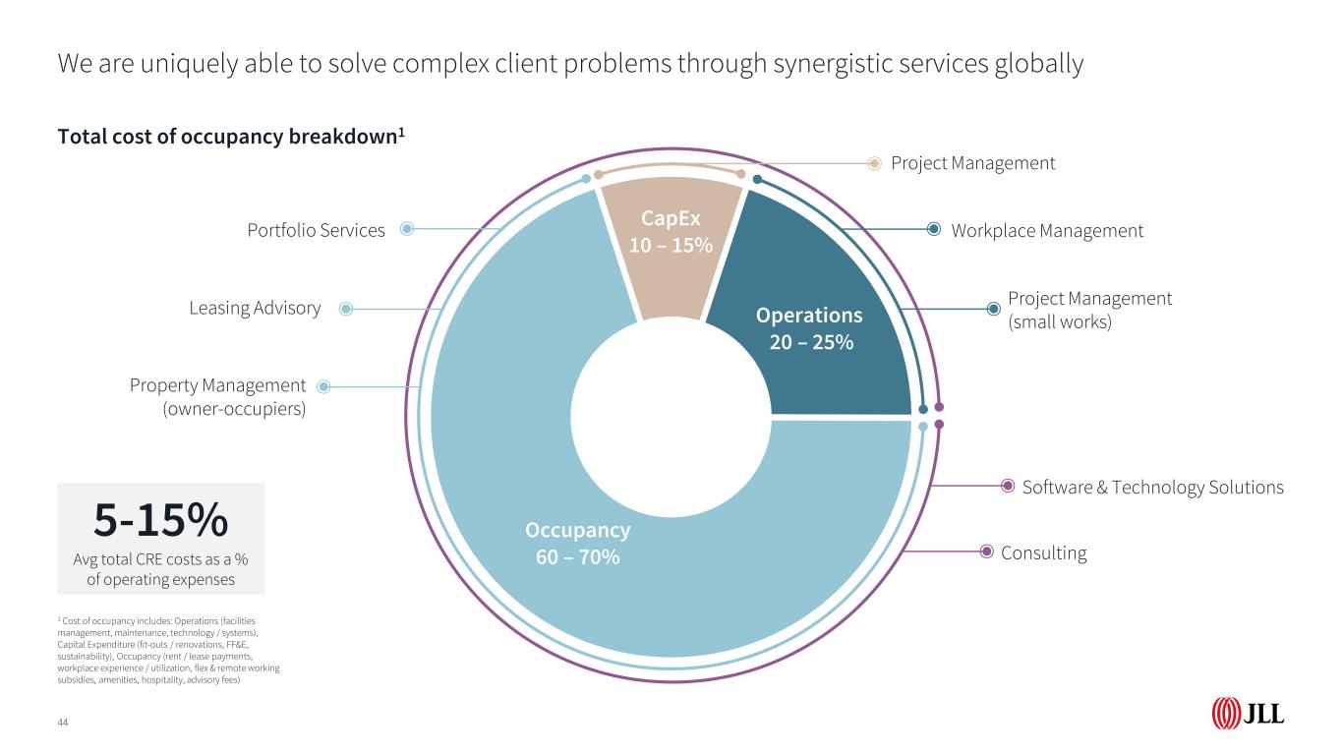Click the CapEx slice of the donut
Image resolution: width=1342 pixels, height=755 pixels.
click(671, 246)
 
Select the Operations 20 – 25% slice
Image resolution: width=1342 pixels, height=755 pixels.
click(808, 328)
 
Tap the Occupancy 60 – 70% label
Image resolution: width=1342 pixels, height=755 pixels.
click(577, 544)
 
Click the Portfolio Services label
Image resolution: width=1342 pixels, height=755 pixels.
click(316, 230)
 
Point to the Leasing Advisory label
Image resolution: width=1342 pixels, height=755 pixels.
click(255, 309)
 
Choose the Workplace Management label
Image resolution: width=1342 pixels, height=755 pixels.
click(1047, 231)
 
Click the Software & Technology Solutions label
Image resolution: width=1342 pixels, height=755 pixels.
click(1152, 487)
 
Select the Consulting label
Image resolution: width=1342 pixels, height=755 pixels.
click(1043, 552)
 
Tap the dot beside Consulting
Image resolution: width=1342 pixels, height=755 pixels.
click(987, 552)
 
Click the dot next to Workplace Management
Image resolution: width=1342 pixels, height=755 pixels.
click(934, 230)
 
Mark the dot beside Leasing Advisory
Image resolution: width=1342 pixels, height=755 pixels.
click(345, 309)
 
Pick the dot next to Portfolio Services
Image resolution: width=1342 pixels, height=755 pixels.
click(407, 230)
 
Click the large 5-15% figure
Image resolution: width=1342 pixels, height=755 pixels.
click(161, 521)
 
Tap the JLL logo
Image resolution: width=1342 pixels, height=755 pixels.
click(1248, 714)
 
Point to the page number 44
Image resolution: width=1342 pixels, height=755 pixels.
click(63, 724)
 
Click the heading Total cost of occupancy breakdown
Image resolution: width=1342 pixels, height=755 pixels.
click(231, 137)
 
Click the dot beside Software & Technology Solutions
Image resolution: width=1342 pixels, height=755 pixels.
click(1008, 486)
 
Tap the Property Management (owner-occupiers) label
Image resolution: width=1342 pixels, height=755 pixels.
click(218, 397)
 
